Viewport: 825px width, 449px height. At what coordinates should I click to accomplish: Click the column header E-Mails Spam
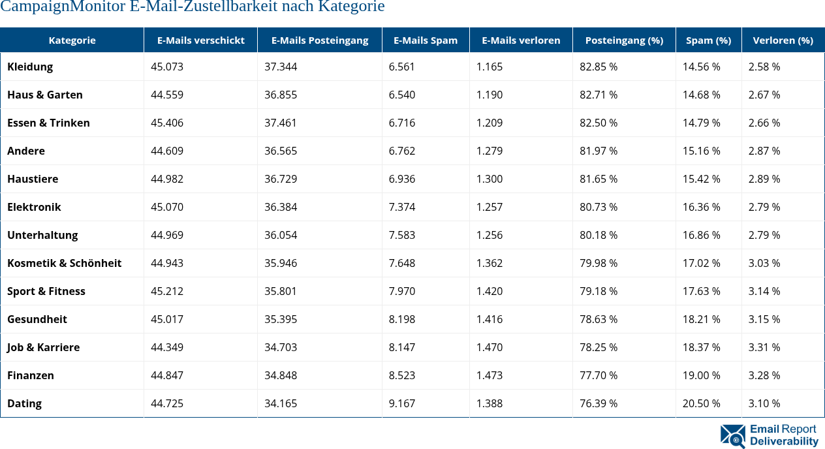pyautogui.click(x=426, y=40)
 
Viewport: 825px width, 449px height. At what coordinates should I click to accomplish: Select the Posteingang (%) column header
pyautogui.click(x=624, y=40)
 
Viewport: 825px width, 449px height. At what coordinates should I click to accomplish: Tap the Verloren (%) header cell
pyautogui.click(x=783, y=40)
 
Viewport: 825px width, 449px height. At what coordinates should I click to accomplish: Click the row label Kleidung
pyautogui.click(x=30, y=67)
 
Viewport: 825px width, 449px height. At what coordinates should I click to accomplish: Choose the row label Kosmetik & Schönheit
pyautogui.click(x=64, y=263)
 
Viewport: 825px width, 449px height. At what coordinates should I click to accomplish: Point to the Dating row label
pyautogui.click(x=24, y=403)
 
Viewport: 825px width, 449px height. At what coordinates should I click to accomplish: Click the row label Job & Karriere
pyautogui.click(x=43, y=347)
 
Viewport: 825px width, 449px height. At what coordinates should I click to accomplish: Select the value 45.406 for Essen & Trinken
pyautogui.click(x=167, y=123)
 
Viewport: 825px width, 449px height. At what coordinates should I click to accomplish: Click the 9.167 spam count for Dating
pyautogui.click(x=402, y=403)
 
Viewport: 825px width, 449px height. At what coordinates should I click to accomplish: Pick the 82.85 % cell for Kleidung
pyautogui.click(x=599, y=67)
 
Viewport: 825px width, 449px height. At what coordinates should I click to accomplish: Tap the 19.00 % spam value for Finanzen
pyautogui.click(x=702, y=375)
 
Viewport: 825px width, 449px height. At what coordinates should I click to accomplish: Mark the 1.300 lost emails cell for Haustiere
pyautogui.click(x=490, y=179)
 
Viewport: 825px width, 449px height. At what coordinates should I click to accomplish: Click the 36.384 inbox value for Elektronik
pyautogui.click(x=281, y=207)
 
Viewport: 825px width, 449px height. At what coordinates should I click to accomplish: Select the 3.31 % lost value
pyautogui.click(x=764, y=347)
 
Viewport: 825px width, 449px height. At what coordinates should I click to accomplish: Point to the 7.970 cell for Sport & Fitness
pyautogui.click(x=402, y=291)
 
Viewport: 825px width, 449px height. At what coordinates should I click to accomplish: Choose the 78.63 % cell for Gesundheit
pyautogui.click(x=599, y=319)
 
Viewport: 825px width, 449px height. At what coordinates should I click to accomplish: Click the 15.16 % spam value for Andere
pyautogui.click(x=702, y=151)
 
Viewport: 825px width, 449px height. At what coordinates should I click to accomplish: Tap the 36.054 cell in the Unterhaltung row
pyautogui.click(x=281, y=235)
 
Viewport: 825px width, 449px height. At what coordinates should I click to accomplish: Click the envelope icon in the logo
pyautogui.click(x=732, y=436)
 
